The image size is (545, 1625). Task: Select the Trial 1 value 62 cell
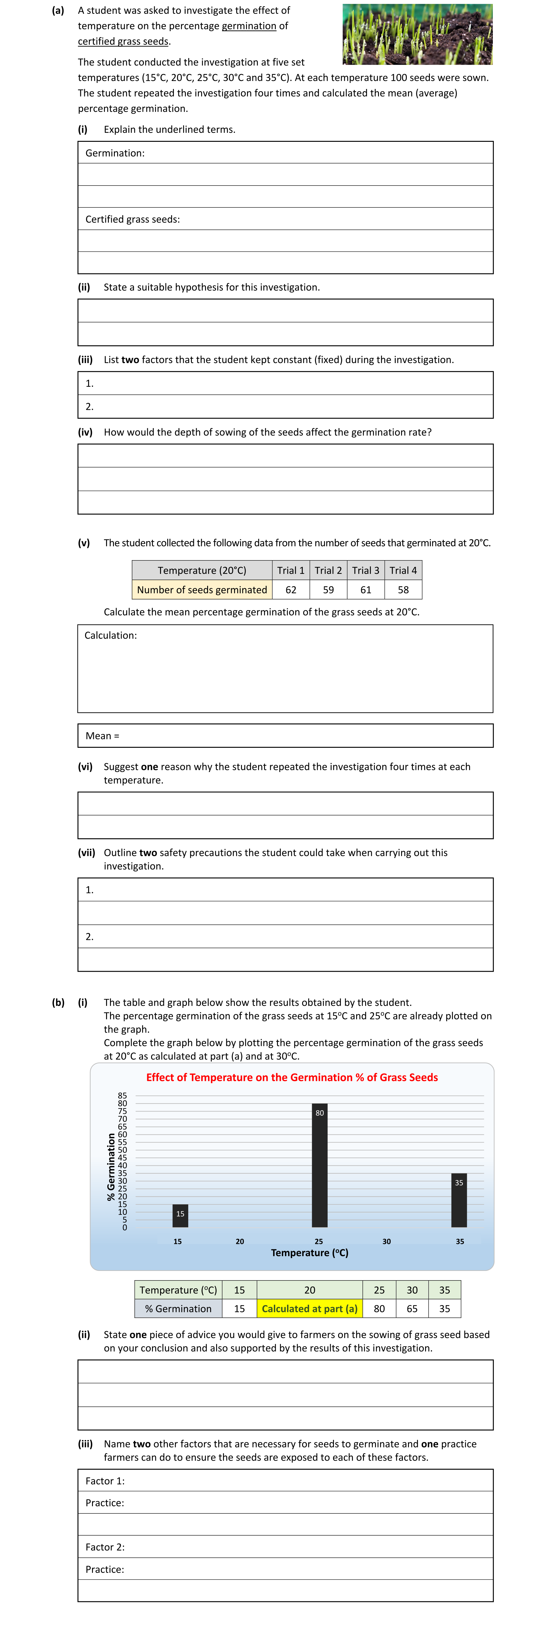point(291,590)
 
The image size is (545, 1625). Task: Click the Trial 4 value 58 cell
point(403,590)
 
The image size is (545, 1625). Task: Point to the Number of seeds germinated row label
point(202,590)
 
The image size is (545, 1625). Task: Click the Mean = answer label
point(102,735)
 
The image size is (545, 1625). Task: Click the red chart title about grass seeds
point(292,1078)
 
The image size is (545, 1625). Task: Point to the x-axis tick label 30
point(387,1242)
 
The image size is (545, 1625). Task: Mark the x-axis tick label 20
point(240,1242)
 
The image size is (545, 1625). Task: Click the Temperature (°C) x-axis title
point(310,1253)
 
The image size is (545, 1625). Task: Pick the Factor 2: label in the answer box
point(105,1547)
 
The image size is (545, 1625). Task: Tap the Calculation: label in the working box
point(110,635)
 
